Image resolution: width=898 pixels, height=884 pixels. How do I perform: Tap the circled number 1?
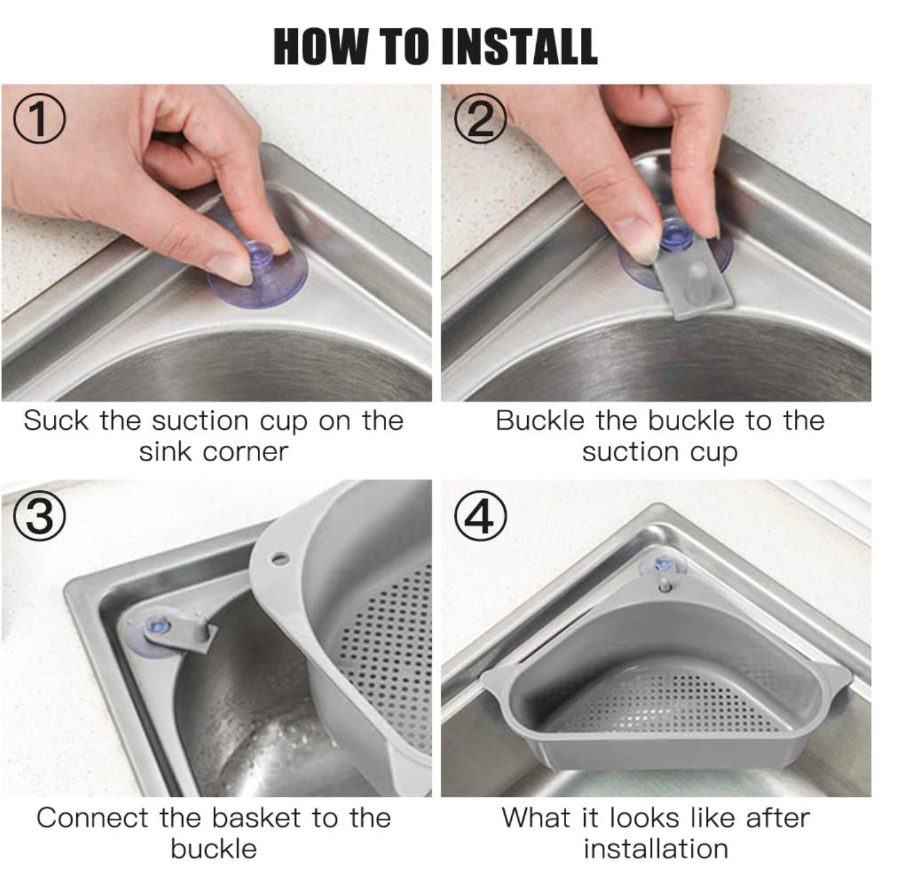coord(40,120)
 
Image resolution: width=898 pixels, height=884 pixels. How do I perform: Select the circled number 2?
coord(480,120)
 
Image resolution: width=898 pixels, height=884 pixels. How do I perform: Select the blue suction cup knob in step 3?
coord(158,624)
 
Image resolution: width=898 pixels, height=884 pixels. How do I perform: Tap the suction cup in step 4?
coord(664,565)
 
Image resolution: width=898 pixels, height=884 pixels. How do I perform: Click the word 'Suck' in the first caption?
coord(56,421)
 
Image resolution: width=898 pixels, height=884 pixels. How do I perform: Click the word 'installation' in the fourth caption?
coord(655,849)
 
